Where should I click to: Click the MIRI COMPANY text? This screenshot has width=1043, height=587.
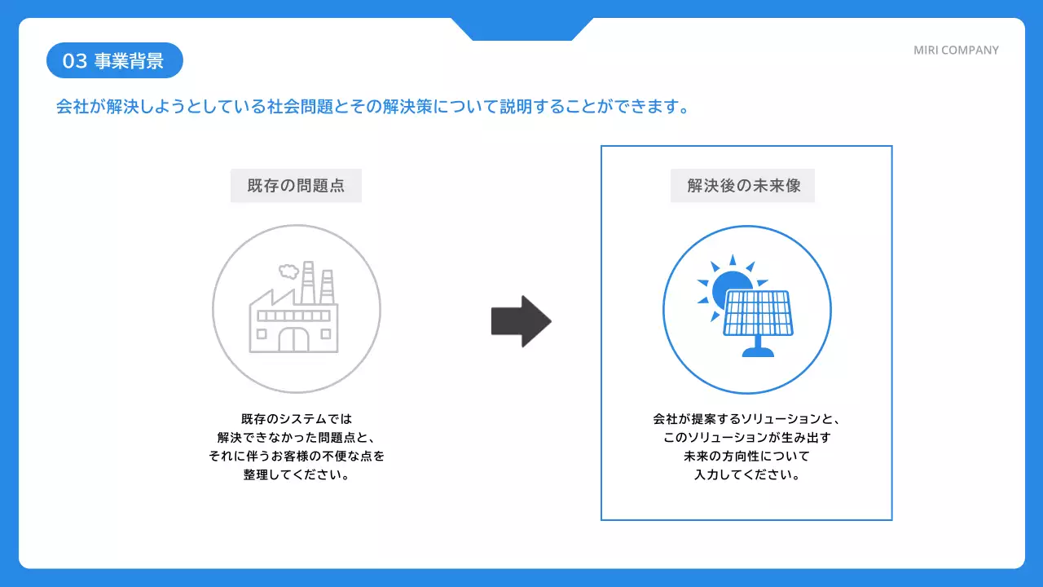tap(956, 51)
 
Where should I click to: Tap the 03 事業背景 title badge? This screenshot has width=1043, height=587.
tap(114, 60)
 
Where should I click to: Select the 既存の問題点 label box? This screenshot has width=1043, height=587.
tap(296, 186)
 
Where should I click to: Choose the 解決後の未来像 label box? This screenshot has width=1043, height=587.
tap(742, 186)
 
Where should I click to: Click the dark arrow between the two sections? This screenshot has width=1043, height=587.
tap(521, 321)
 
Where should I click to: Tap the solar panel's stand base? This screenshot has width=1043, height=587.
tap(758, 352)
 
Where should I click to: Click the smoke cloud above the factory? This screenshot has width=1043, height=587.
tap(288, 270)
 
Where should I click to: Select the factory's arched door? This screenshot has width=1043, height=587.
tap(293, 338)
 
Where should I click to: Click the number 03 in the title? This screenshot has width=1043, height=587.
tap(74, 61)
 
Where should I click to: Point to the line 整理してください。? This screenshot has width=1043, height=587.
tap(296, 474)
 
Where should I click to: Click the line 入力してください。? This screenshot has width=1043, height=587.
tap(746, 474)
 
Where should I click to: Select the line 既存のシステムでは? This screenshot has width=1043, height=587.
tap(296, 419)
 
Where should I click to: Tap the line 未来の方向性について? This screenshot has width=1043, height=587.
tap(746, 456)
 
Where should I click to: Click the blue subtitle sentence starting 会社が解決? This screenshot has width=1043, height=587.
tap(372, 107)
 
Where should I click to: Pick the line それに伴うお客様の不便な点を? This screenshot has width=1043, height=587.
tap(296, 456)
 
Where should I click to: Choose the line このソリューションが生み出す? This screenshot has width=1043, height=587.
tap(746, 438)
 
